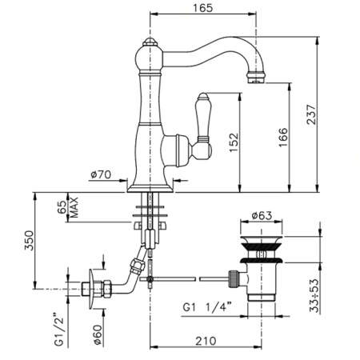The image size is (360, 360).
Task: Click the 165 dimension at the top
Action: pos(202,9)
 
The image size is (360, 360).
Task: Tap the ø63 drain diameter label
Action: pos(264,214)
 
